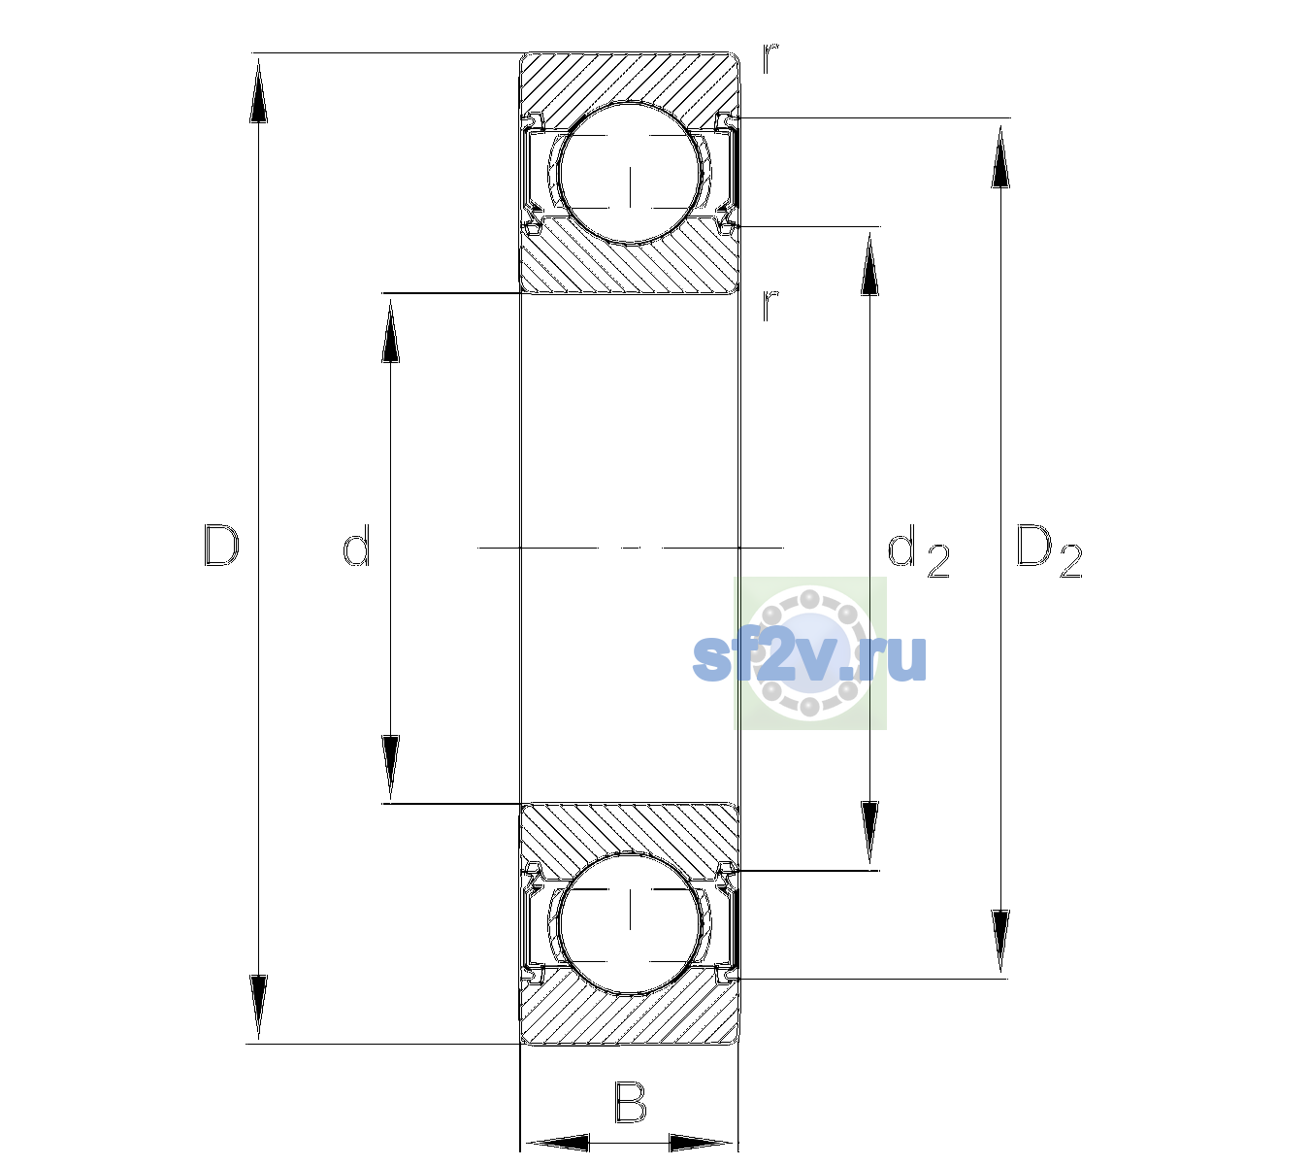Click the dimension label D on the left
(x=221, y=546)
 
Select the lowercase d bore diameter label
(x=356, y=546)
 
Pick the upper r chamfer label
(x=770, y=59)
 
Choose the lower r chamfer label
(x=770, y=306)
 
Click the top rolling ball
(x=630, y=173)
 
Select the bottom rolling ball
(x=630, y=921)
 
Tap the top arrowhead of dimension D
(x=259, y=90)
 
